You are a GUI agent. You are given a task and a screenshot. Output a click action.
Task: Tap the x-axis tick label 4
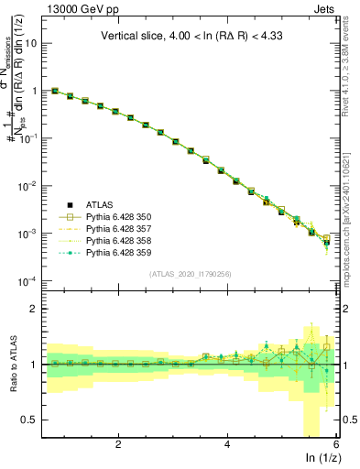[x=227, y=444]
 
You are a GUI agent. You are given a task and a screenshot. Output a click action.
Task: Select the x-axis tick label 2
[x=118, y=444]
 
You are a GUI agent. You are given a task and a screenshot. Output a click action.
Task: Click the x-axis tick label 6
[x=335, y=444]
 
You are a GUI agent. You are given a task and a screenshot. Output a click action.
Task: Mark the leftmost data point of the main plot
[x=55, y=91]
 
